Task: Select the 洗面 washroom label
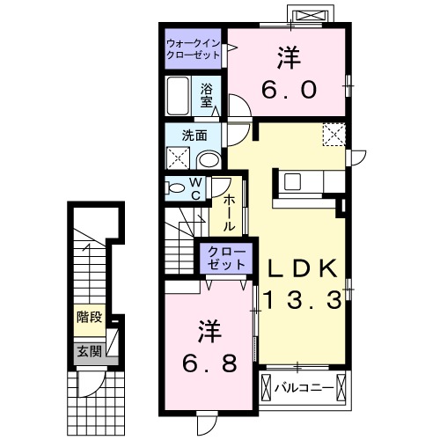(194, 136)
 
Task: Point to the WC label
(196, 187)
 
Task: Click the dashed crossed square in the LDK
(335, 135)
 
